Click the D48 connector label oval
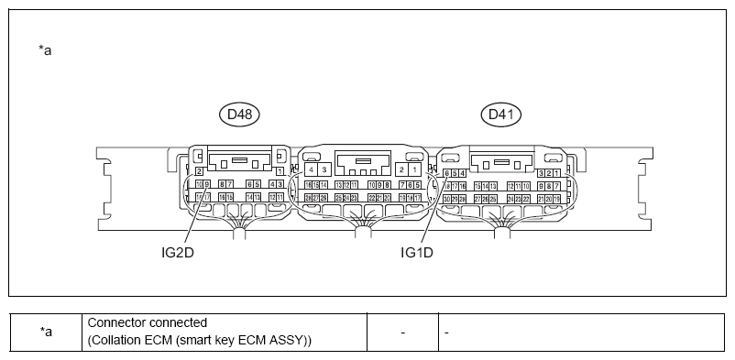[241, 115]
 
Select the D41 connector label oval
[501, 115]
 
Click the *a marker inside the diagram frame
[45, 50]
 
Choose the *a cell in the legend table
[45, 332]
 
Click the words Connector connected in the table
[147, 323]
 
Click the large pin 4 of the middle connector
[312, 169]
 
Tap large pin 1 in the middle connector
[414, 169]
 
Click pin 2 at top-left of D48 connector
[199, 171]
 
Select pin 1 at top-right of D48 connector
[280, 171]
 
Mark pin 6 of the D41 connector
[446, 173]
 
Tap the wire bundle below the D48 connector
[240, 229]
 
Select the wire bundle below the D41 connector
[500, 229]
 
